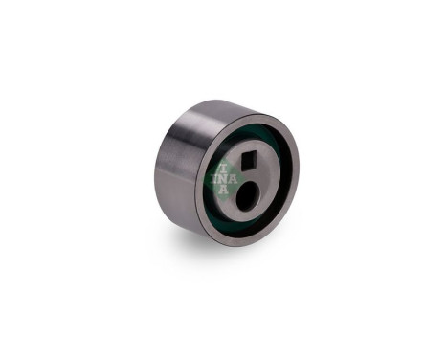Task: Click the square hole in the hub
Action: [249, 161]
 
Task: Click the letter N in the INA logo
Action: [224, 180]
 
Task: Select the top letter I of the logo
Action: [224, 169]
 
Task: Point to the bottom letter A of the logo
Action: [224, 190]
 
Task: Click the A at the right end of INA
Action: [234, 179]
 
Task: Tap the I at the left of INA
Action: [215, 180]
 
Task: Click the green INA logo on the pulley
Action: [224, 178]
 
